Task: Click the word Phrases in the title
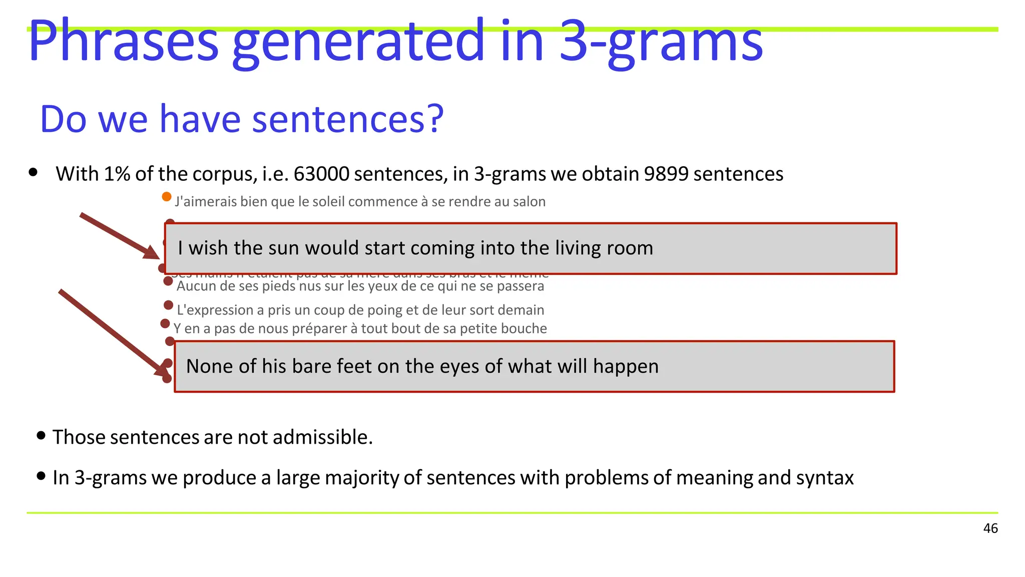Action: click(123, 41)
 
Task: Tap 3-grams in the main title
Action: click(661, 41)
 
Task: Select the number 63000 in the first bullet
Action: click(321, 174)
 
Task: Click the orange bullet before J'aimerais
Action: click(167, 197)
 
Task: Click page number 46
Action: click(990, 528)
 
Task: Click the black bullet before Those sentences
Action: click(41, 435)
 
